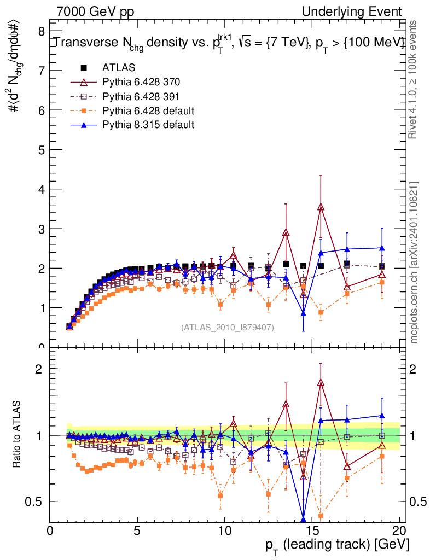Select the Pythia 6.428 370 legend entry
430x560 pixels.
[141, 82]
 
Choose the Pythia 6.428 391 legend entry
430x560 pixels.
[141, 96]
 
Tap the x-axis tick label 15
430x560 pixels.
[312, 530]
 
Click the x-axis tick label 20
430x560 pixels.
[399, 530]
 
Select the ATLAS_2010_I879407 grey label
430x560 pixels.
[228, 328]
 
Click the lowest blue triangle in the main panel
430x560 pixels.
[304, 313]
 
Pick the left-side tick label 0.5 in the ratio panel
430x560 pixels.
[37, 501]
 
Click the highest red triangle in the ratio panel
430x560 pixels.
[321, 382]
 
